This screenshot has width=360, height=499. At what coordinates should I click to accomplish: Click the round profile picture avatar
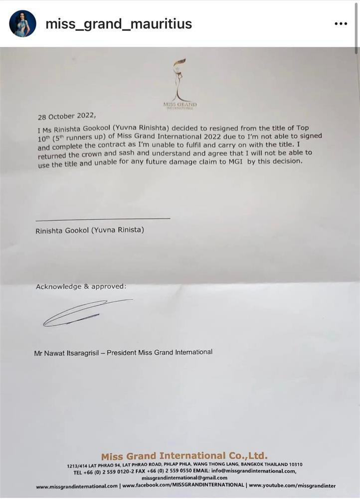pyautogui.click(x=22, y=23)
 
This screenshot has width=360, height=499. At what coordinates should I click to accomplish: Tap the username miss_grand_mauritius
pyautogui.click(x=118, y=23)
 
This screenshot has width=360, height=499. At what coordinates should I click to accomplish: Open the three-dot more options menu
pyautogui.click(x=341, y=23)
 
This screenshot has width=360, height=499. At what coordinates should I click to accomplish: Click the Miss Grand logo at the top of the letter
pyautogui.click(x=179, y=82)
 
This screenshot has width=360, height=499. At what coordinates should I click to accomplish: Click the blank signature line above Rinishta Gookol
pyautogui.click(x=103, y=218)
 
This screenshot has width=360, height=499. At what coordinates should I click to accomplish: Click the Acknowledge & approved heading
pyautogui.click(x=81, y=286)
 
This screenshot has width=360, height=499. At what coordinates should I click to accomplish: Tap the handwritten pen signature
pyautogui.click(x=85, y=313)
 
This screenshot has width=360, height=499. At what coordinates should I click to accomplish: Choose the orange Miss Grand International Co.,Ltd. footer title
pyautogui.click(x=184, y=456)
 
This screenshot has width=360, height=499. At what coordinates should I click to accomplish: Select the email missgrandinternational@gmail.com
pyautogui.click(x=184, y=478)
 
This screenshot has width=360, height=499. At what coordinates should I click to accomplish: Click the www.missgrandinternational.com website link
pyautogui.click(x=77, y=486)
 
